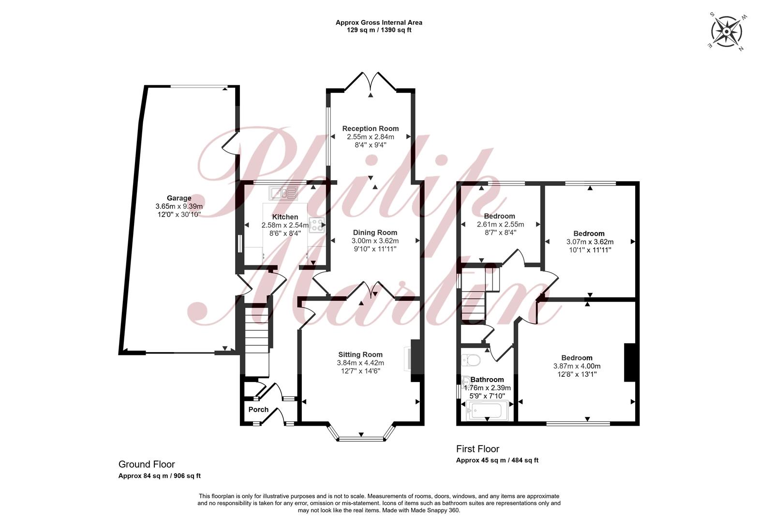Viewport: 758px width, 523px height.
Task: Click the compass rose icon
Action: click(727, 31)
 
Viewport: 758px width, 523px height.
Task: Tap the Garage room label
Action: click(179, 198)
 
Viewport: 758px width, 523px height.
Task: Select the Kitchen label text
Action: click(285, 217)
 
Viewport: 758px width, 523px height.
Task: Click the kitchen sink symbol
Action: click(283, 193)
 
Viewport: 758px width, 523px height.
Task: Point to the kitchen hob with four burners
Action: click(316, 225)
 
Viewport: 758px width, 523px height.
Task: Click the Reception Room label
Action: click(370, 129)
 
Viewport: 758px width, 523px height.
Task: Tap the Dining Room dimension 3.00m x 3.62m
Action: click(375, 241)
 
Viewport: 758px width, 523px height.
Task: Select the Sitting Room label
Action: click(360, 354)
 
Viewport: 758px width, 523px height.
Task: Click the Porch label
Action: click(258, 409)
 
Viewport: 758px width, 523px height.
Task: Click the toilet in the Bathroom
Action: click(471, 360)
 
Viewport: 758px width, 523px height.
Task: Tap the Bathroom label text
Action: click(487, 379)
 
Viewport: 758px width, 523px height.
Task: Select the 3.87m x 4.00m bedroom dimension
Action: click(577, 366)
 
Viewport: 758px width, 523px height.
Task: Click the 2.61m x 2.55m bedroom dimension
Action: click(500, 224)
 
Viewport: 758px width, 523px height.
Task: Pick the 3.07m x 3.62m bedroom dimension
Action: click(590, 242)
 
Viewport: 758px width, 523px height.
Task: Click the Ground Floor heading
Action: click(147, 464)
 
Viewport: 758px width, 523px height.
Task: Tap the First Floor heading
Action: click(477, 449)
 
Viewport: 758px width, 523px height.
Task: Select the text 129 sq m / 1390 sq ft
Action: click(379, 30)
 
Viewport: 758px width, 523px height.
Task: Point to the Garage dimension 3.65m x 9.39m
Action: click(179, 206)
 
